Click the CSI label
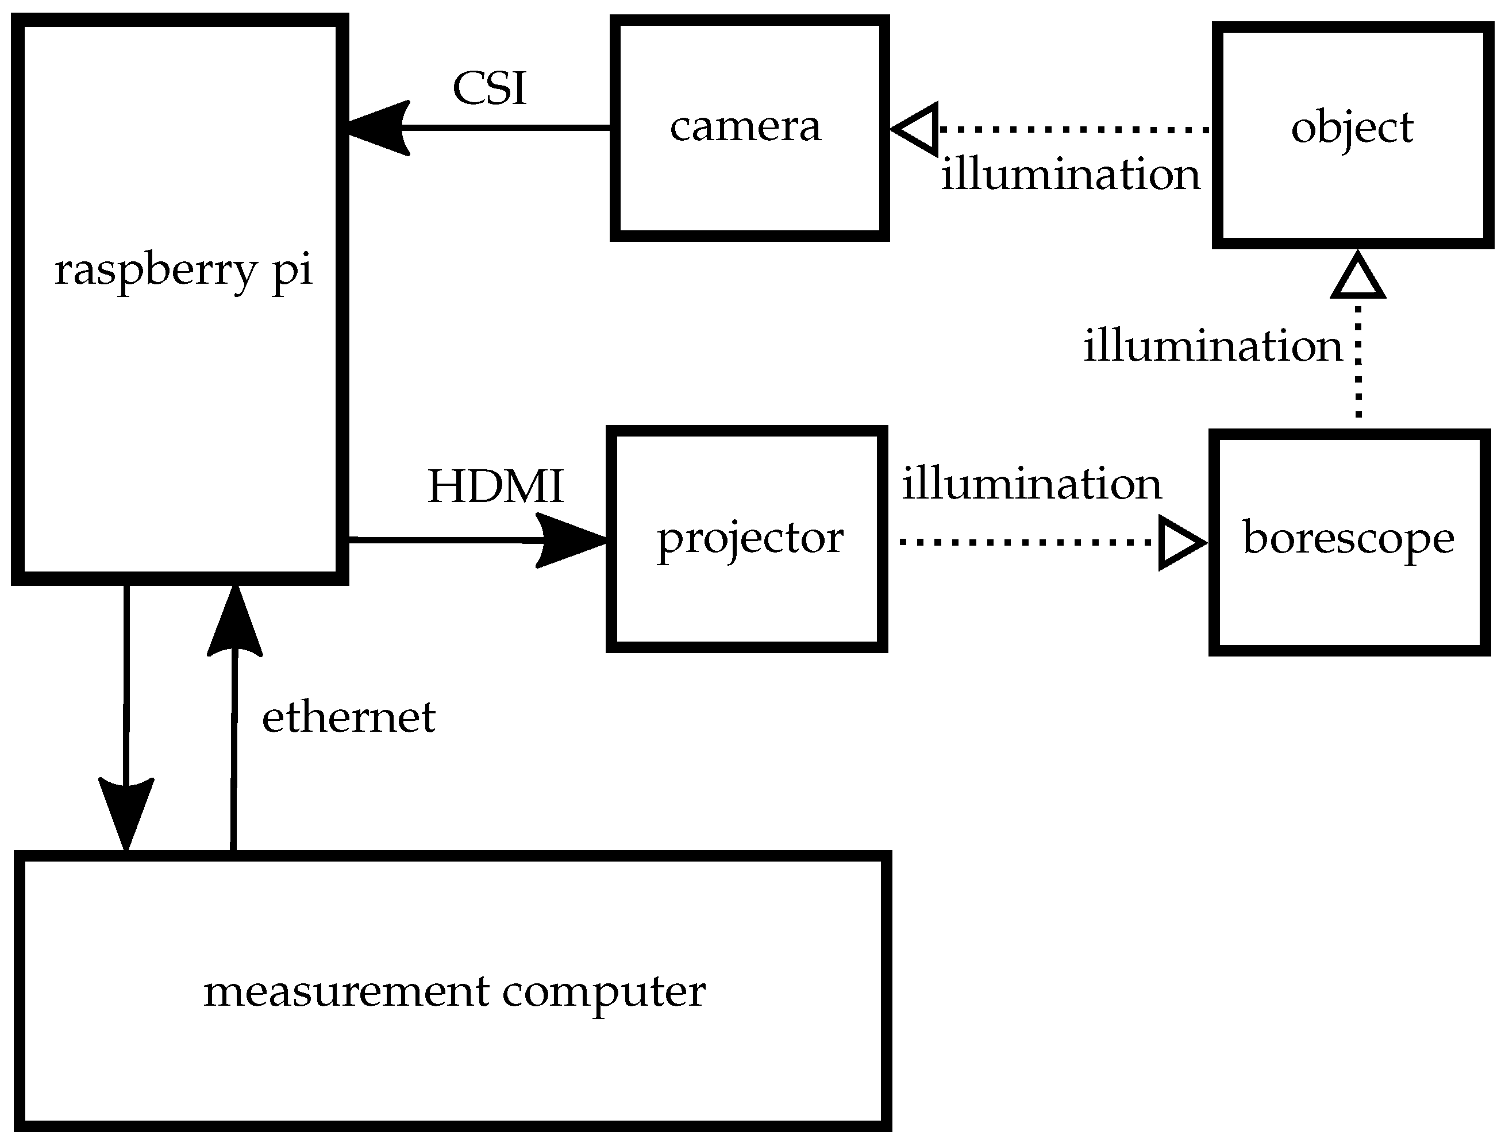pos(490,88)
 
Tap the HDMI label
pos(495,486)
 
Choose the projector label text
pos(749,539)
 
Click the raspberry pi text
pos(183,270)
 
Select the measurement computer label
pos(454,992)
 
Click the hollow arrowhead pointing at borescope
pos(1181,543)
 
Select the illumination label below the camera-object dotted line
pos(1070,174)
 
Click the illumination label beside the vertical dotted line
pos(1213,346)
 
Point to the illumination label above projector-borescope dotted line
pos(1031,484)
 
